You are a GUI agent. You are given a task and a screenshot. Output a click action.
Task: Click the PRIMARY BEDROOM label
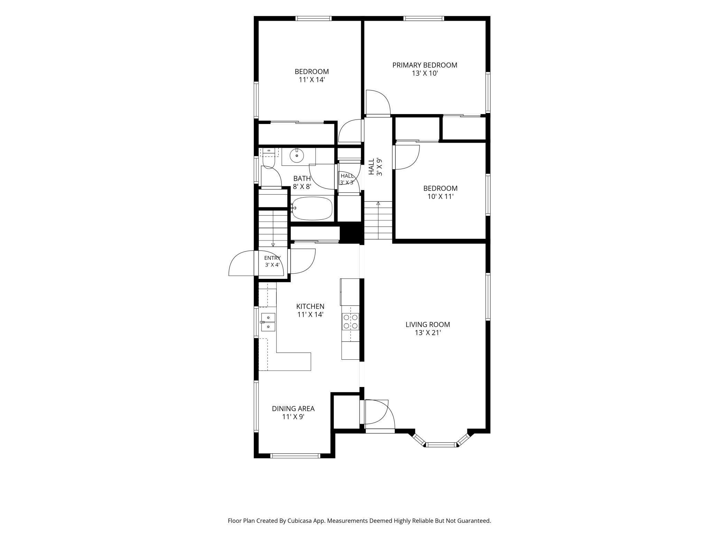pyautogui.click(x=424, y=65)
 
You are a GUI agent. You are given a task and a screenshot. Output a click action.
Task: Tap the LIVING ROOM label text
pyautogui.click(x=428, y=324)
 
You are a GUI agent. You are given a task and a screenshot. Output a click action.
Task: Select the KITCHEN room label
pyautogui.click(x=310, y=306)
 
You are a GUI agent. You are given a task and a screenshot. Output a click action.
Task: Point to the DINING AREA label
pyautogui.click(x=293, y=408)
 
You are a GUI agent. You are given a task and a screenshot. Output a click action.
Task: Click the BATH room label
pyautogui.click(x=302, y=178)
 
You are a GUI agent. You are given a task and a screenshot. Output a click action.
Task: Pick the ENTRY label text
pyautogui.click(x=272, y=258)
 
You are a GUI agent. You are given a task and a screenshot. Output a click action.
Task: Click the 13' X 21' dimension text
pyautogui.click(x=428, y=333)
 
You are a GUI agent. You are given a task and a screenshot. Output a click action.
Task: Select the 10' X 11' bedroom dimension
pyautogui.click(x=440, y=197)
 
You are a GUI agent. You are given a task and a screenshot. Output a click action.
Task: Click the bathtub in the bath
pyautogui.click(x=312, y=208)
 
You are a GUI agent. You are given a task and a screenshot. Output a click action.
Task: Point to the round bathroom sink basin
pyautogui.click(x=297, y=155)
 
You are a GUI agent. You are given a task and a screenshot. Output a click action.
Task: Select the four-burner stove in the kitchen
pyautogui.click(x=351, y=321)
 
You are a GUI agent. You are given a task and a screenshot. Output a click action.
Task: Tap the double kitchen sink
pyautogui.click(x=268, y=322)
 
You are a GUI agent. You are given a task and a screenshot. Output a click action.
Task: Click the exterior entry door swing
pyautogui.click(x=242, y=263)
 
